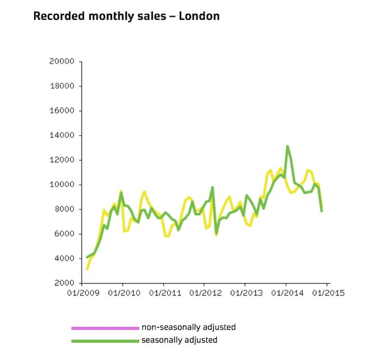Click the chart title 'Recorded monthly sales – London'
[126, 16]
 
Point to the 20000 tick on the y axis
[62, 61]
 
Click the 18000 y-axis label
[62, 86]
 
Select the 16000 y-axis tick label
[62, 110]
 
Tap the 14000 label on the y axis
[62, 135]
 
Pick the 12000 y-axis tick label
[62, 160]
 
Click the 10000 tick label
[62, 184]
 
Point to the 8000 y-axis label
[64, 209]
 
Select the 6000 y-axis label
[64, 233]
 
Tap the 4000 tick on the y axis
[64, 258]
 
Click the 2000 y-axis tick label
[64, 283]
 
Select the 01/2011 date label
[164, 293]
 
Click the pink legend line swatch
[105, 328]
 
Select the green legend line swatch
[105, 340]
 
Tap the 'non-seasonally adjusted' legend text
[188, 328]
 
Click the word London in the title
[200, 16]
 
